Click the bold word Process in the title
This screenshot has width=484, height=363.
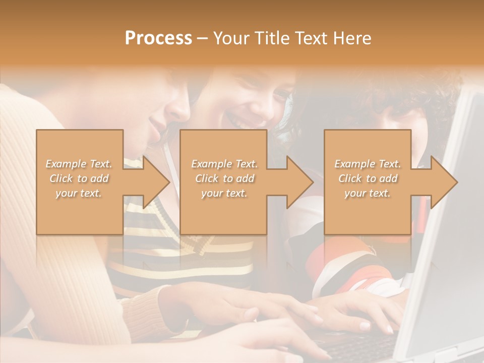(x=158, y=38)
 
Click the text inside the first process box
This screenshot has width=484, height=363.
(x=79, y=178)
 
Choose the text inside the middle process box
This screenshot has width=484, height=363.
(x=224, y=178)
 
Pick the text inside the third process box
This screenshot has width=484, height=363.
(x=368, y=178)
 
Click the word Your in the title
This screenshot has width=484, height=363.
(x=231, y=38)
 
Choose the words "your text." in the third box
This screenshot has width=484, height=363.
(x=368, y=193)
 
